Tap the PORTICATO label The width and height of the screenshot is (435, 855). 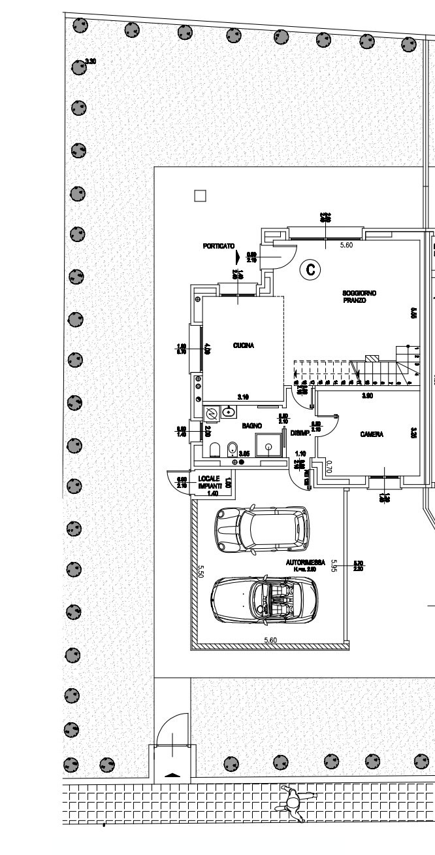pos(218,246)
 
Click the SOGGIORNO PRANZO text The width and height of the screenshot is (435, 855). pos(358,296)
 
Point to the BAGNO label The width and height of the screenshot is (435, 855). pos(252,426)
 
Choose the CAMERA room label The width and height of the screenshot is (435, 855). pos(371,434)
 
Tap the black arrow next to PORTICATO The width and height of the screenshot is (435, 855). pos(239,258)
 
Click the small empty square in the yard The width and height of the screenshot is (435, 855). pos(201,195)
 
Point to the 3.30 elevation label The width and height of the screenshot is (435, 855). pos(91,61)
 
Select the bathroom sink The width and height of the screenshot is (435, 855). pos(228,413)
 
